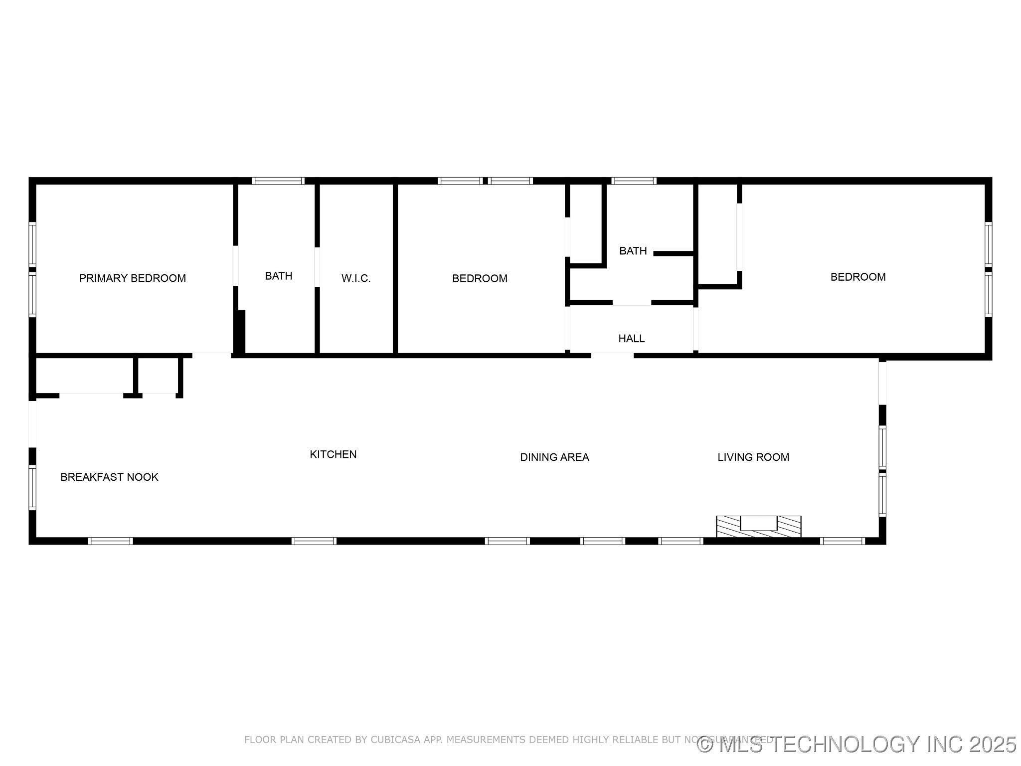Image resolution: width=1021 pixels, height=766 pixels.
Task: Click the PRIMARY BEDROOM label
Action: click(x=132, y=278)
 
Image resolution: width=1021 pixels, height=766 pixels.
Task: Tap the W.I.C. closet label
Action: click(x=356, y=278)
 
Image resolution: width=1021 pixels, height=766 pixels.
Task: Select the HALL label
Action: click(x=631, y=339)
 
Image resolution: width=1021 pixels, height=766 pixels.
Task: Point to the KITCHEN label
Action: click(x=333, y=454)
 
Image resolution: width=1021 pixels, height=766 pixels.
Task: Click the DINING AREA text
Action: click(x=554, y=457)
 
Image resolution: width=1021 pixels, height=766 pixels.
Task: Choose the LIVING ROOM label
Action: click(x=753, y=457)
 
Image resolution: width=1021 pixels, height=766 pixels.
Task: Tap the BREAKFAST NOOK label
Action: click(x=109, y=477)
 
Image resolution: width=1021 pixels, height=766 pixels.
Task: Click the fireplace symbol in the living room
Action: click(x=758, y=526)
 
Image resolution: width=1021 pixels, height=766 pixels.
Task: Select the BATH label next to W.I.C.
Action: click(x=278, y=276)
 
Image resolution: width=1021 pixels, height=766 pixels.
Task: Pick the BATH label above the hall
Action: click(x=633, y=251)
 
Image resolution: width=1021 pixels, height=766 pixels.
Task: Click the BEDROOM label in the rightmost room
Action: click(x=857, y=277)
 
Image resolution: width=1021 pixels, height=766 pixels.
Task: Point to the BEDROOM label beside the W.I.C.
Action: click(x=480, y=278)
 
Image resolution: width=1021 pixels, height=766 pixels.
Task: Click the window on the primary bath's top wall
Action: click(x=278, y=181)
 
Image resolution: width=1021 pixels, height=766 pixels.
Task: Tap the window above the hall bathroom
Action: click(x=634, y=181)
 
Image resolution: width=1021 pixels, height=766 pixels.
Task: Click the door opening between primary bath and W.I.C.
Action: click(x=317, y=267)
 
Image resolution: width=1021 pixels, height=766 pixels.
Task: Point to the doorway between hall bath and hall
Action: click(x=632, y=303)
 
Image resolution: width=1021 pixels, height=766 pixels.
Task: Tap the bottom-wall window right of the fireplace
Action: click(x=842, y=541)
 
